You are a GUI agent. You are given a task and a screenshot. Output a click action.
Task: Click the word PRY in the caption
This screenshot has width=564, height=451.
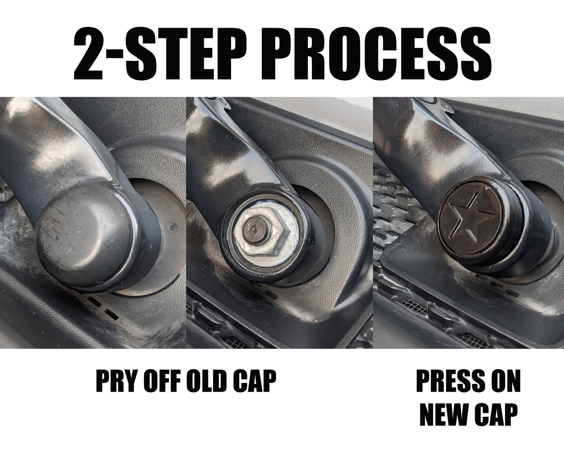pyautogui.click(x=112, y=381)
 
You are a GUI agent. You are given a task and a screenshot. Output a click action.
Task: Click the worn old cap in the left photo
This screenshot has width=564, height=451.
pyautogui.click(x=85, y=234)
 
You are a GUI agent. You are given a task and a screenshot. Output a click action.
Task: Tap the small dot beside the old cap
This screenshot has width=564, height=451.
pyautogui.click(x=172, y=227)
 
